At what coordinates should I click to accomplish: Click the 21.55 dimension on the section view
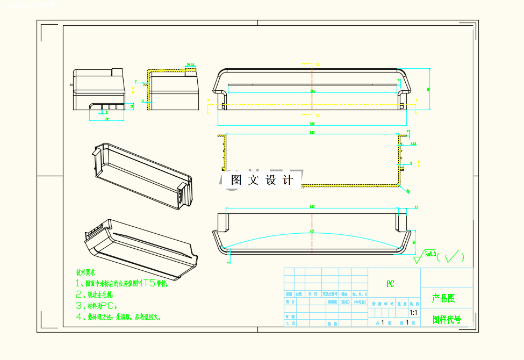[x=190, y=65]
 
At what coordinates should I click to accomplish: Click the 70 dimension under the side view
[x=106, y=119]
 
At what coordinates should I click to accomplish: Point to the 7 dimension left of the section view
[x=135, y=82]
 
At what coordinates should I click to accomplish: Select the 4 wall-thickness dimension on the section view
[x=143, y=100]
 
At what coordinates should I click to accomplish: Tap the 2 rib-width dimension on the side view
[x=106, y=112]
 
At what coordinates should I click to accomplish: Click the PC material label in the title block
[x=391, y=284]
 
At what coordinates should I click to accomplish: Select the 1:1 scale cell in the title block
[x=413, y=312]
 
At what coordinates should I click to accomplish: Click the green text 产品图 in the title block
[x=443, y=298]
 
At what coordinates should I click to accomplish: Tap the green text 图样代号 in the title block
[x=447, y=320]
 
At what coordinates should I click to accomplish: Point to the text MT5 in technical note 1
[x=147, y=283]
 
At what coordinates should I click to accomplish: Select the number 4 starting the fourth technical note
[x=78, y=317]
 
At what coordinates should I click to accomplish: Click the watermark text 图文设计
[x=262, y=181]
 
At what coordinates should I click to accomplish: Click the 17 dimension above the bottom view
[x=416, y=207]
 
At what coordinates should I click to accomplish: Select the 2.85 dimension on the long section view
[x=413, y=144]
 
